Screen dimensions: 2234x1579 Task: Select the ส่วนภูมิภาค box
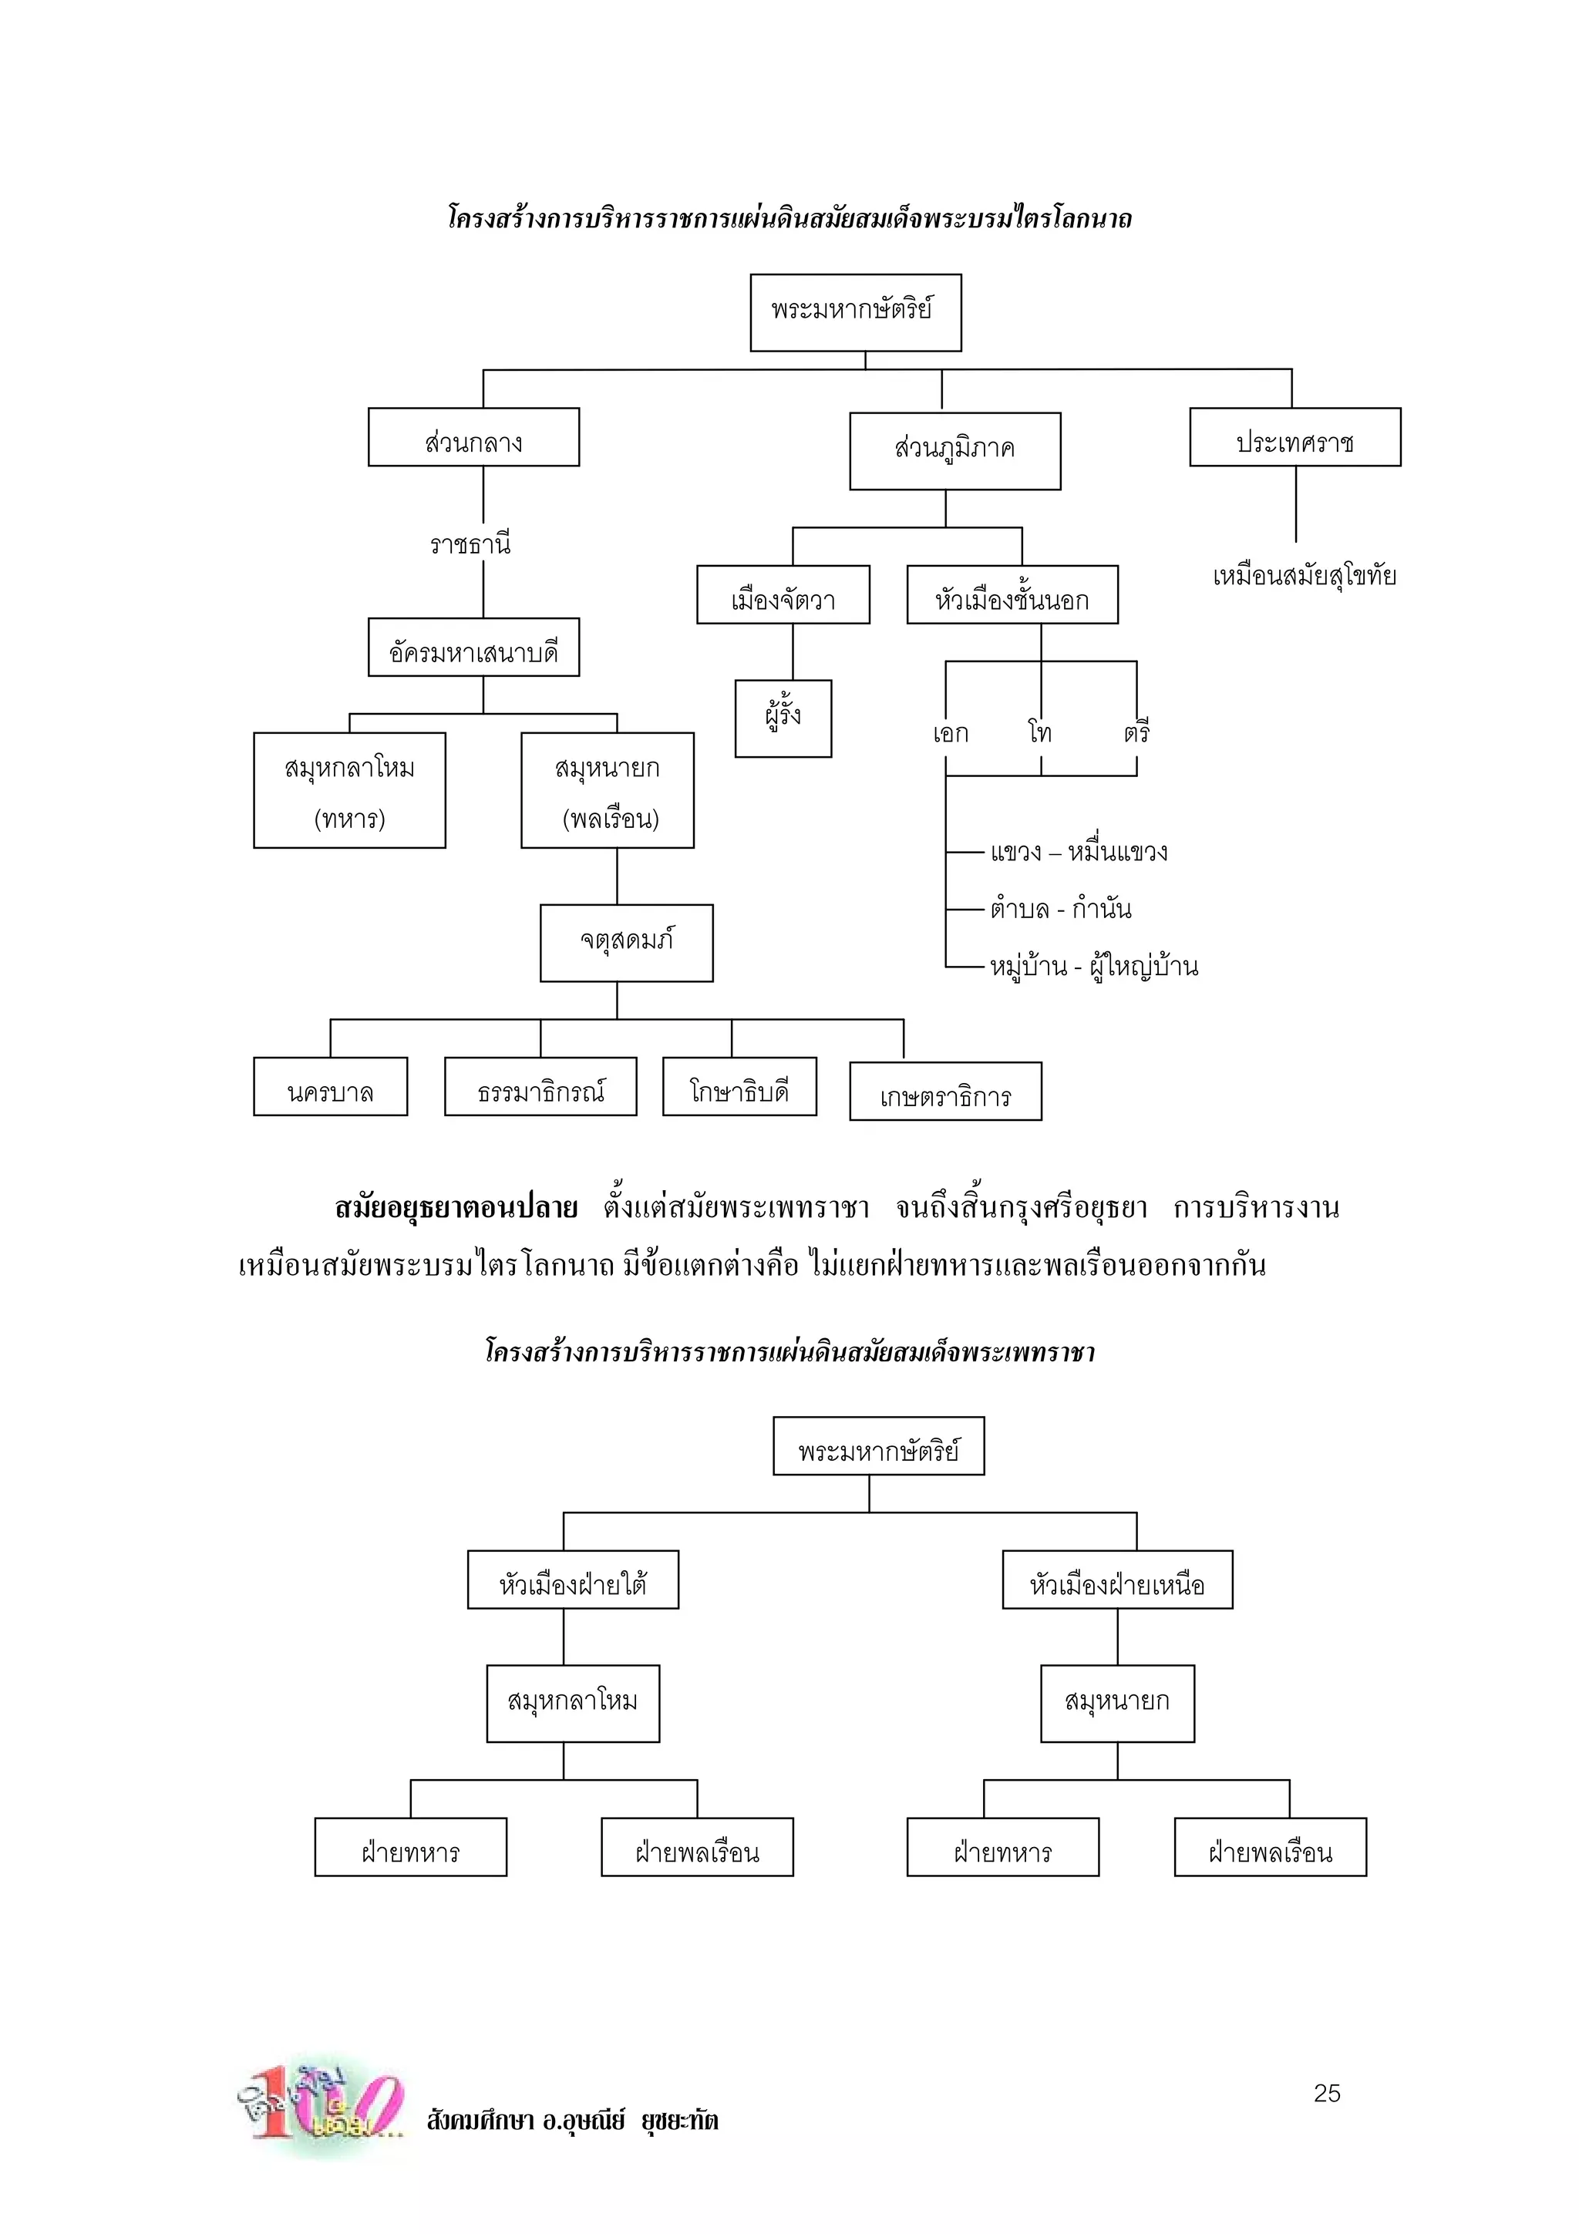954,450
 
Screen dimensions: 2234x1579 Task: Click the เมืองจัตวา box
783,594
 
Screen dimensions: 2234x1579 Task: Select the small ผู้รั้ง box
783,718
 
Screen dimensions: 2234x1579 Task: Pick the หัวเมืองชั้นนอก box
1012,594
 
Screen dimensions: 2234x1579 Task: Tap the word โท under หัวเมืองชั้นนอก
1040,732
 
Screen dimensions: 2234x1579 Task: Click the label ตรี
1136,732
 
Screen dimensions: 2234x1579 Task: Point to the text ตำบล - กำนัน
1060,909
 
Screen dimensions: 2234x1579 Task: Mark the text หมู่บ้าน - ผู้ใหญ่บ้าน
1093,966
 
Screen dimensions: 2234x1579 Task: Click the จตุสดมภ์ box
627,942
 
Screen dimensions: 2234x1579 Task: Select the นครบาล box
330,1087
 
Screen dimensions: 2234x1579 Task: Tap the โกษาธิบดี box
739,1087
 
